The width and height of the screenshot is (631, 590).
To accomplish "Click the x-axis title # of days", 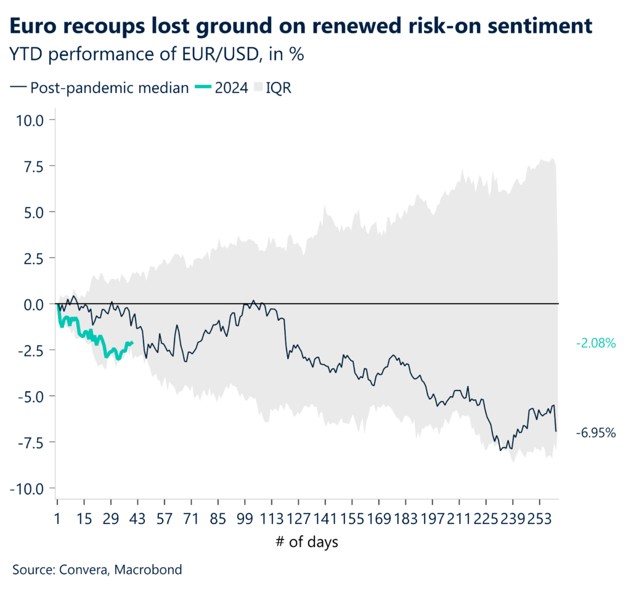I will (307, 543).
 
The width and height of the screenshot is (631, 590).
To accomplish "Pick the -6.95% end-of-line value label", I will (596, 432).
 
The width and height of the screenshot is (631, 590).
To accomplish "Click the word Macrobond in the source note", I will (150, 570).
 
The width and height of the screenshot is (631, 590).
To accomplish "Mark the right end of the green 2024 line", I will (132, 343).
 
